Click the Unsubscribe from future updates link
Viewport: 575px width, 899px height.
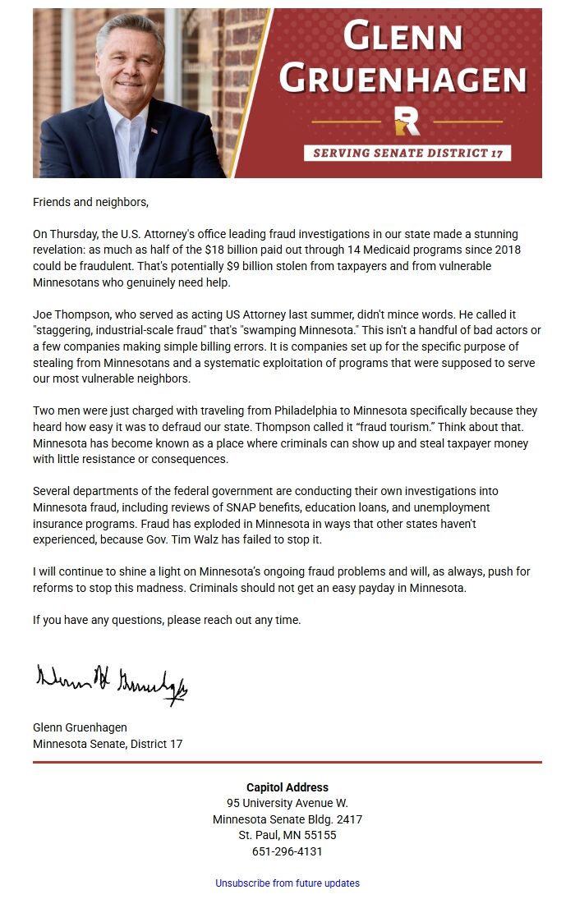[287, 883]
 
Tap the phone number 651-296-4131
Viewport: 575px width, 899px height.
[287, 851]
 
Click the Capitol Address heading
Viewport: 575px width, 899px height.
[287, 787]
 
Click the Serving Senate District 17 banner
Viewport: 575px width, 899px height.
[407, 153]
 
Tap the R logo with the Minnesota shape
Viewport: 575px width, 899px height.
[407, 121]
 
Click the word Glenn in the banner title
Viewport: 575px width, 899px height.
[402, 37]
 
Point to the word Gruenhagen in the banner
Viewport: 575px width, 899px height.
[402, 79]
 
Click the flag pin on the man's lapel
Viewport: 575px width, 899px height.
[154, 131]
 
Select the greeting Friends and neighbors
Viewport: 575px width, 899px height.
[91, 202]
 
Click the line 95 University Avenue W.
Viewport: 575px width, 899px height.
[287, 803]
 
